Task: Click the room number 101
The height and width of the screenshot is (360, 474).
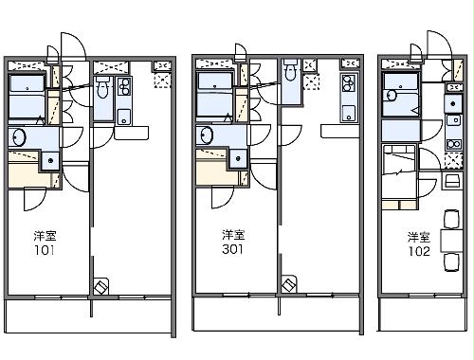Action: point(43,251)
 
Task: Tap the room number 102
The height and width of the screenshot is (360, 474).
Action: point(420,252)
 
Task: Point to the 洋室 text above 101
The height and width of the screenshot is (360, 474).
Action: point(43,236)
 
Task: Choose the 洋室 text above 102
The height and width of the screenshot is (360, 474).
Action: point(420,237)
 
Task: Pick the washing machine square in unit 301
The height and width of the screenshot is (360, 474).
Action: point(235,158)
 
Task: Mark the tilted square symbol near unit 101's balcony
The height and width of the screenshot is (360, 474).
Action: point(102,284)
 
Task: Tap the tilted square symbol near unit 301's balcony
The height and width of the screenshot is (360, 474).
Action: point(288,284)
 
